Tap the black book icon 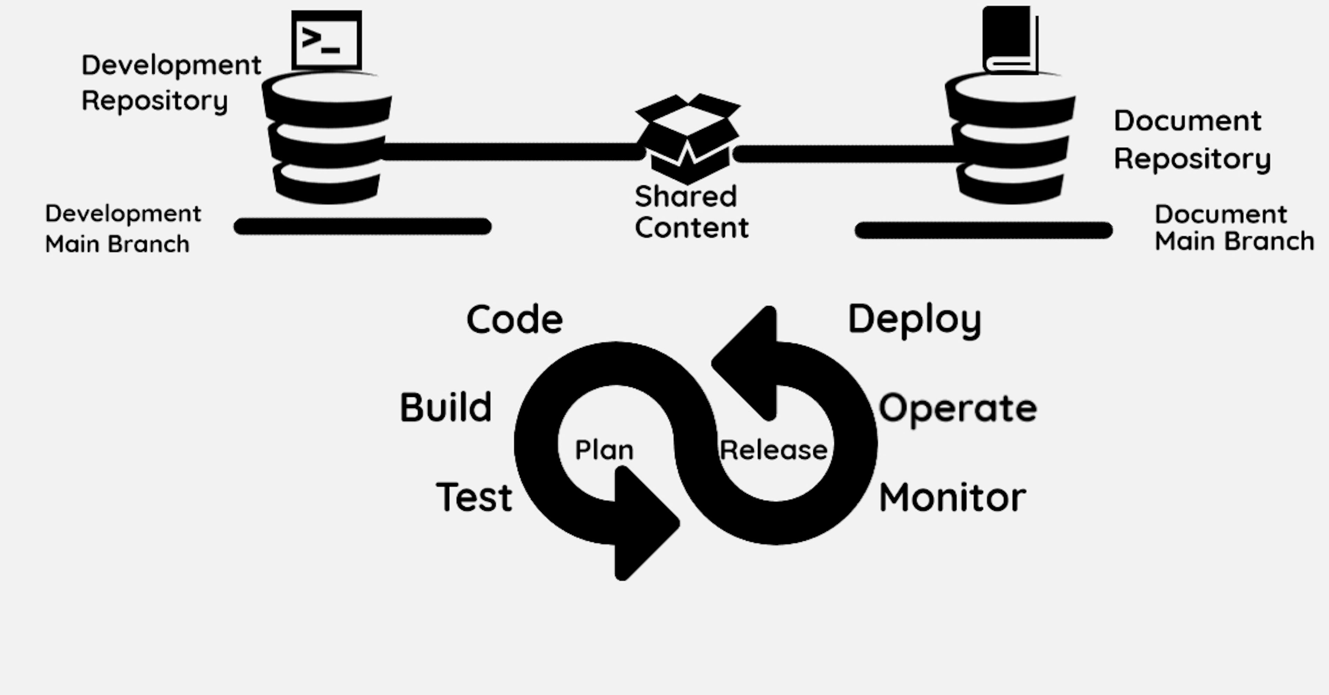[x=1009, y=40]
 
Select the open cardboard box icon [x=688, y=138]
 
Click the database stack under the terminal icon [x=327, y=138]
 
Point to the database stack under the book [x=1010, y=138]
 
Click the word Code [x=514, y=319]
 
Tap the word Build [x=446, y=407]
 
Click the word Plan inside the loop [x=604, y=450]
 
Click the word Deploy [x=914, y=319]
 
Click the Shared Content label [x=690, y=212]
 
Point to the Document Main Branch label [x=1233, y=228]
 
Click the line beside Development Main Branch [x=363, y=226]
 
